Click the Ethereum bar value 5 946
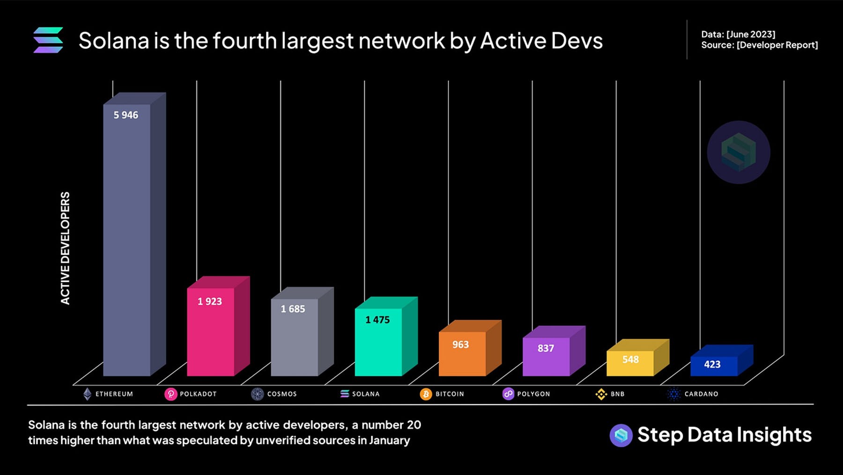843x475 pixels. pyautogui.click(x=126, y=115)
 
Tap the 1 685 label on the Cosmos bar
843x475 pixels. pyautogui.click(x=293, y=309)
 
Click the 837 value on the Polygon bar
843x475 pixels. pyautogui.click(x=546, y=348)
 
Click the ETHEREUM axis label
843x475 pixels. pyautogui.click(x=114, y=394)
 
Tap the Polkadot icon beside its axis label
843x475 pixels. pyautogui.click(x=170, y=394)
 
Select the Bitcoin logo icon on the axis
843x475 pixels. pyautogui.click(x=426, y=394)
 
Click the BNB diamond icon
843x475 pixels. pyautogui.click(x=601, y=394)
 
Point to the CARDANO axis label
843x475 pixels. pyautogui.click(x=701, y=394)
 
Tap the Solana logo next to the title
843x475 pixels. pyautogui.click(x=48, y=40)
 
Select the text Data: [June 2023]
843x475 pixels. pyautogui.click(x=738, y=34)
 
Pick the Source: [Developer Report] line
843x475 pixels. pyautogui.click(x=759, y=45)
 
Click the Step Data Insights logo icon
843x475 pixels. pyautogui.click(x=621, y=435)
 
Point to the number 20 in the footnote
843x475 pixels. pyautogui.click(x=414, y=425)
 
